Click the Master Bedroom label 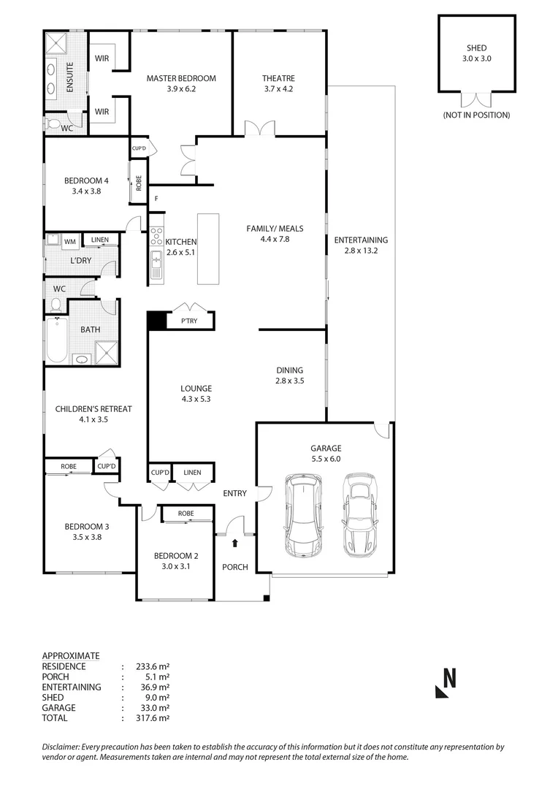pyautogui.click(x=181, y=78)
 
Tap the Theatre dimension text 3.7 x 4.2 pyautogui.click(x=278, y=89)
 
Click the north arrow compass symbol pyautogui.click(x=446, y=684)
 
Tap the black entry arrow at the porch pyautogui.click(x=234, y=543)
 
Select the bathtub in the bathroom pyautogui.click(x=57, y=340)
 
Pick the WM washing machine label pyautogui.click(x=70, y=241)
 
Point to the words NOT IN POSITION pyautogui.click(x=476, y=115)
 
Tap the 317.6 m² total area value pyautogui.click(x=153, y=718)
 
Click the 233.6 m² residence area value pyautogui.click(x=153, y=666)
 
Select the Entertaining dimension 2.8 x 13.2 pyautogui.click(x=361, y=251)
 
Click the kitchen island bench pyautogui.click(x=207, y=248)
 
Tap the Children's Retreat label pyautogui.click(x=93, y=409)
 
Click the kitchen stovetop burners pyautogui.click(x=156, y=235)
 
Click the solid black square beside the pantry pyautogui.click(x=156, y=321)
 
